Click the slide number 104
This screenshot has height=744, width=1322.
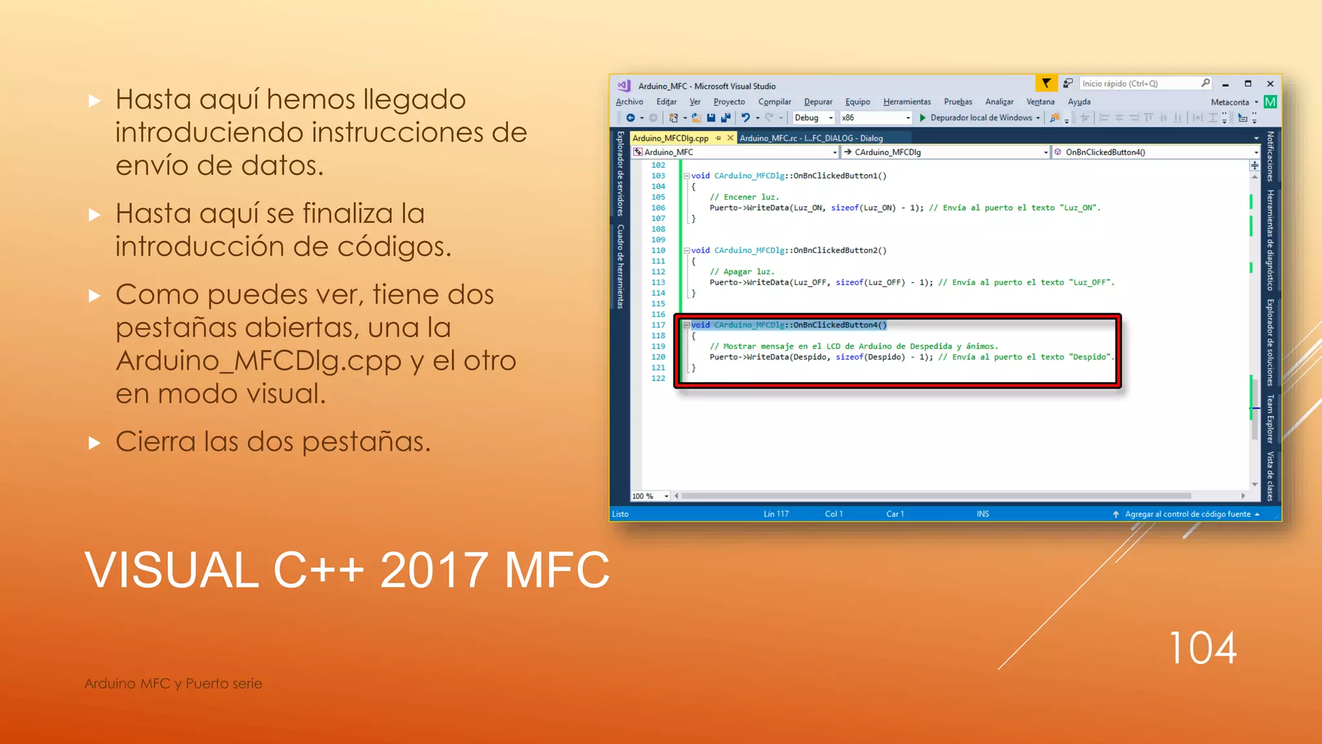(x=1202, y=648)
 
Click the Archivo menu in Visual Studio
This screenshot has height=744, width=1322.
(x=629, y=102)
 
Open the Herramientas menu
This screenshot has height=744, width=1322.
(x=907, y=102)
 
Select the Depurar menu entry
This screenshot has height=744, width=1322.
(x=818, y=102)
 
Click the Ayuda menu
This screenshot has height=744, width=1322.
(x=1079, y=102)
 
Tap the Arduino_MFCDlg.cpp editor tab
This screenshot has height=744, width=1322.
(x=671, y=138)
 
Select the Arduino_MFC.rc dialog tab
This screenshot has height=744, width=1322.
(x=811, y=138)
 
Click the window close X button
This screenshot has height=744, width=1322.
(x=1270, y=84)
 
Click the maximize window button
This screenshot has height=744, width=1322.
(x=1248, y=84)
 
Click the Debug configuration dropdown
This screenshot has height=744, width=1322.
(x=813, y=118)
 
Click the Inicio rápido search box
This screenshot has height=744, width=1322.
(x=1139, y=84)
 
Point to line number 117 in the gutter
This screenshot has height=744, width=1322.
(x=658, y=325)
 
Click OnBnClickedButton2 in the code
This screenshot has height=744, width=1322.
(x=839, y=251)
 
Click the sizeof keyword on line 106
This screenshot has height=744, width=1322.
(x=844, y=208)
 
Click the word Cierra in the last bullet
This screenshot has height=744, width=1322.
(x=156, y=442)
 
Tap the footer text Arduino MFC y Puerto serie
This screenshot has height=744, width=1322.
(x=173, y=683)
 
